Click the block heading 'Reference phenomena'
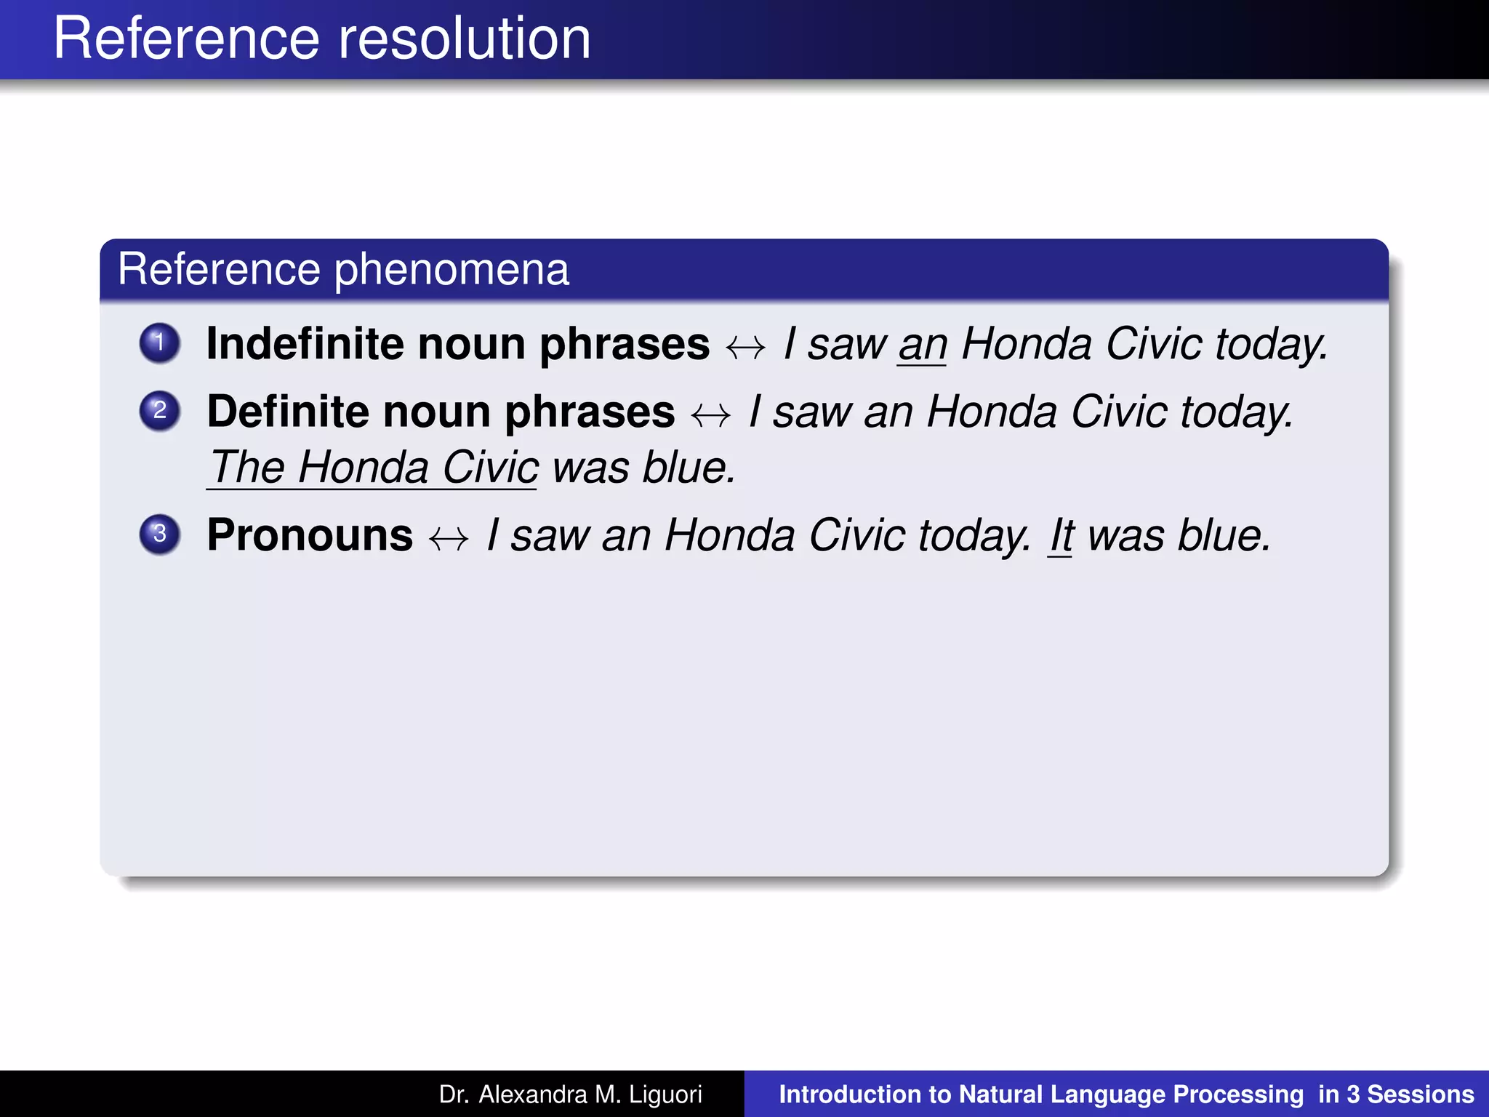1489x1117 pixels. tap(343, 269)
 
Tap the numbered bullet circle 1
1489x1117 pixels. tap(160, 343)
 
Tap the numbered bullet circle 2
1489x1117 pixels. tap(160, 411)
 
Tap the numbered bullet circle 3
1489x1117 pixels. tap(160, 535)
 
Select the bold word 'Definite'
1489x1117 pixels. tap(288, 411)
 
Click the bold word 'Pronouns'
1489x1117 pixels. tap(310, 535)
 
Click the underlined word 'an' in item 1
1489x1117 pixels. tap(922, 345)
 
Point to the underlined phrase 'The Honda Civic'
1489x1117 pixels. tap(373, 467)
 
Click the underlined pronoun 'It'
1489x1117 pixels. tap(1061, 536)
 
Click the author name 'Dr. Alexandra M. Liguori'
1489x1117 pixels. tap(570, 1094)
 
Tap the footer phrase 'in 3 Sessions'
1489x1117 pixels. tap(1395, 1094)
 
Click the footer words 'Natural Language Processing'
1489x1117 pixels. tap(1131, 1094)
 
